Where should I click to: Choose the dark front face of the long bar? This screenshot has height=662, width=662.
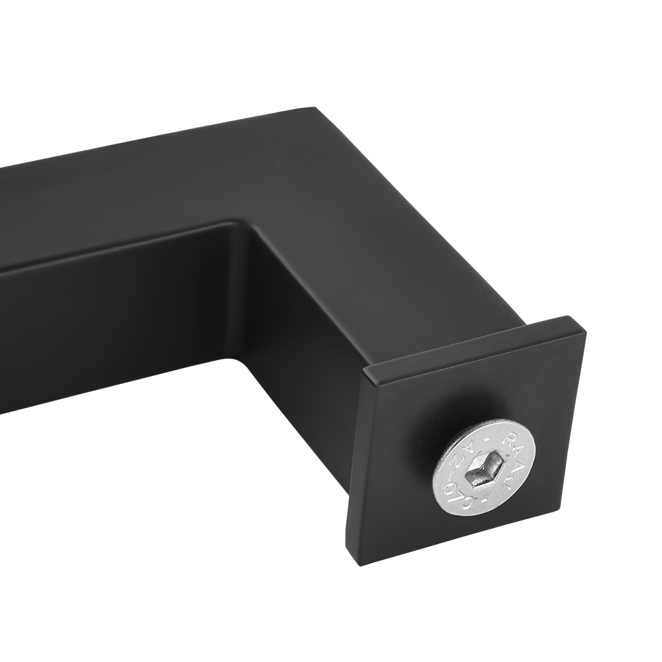coord(99,331)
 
